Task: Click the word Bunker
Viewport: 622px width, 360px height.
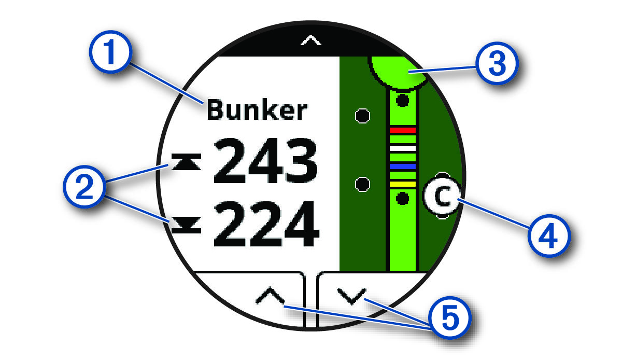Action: pyautogui.click(x=257, y=111)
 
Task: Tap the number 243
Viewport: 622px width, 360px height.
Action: pyautogui.click(x=265, y=162)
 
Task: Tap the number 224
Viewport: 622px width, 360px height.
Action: pyautogui.click(x=265, y=226)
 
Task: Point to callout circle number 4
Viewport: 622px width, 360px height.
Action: pyautogui.click(x=549, y=238)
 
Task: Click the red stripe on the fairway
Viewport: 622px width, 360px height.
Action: pyautogui.click(x=403, y=129)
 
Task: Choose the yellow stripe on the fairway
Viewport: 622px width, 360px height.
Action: pyautogui.click(x=403, y=184)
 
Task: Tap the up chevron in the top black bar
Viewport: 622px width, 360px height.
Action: pyautogui.click(x=311, y=40)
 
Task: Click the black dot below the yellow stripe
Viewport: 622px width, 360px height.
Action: pyautogui.click(x=402, y=198)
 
